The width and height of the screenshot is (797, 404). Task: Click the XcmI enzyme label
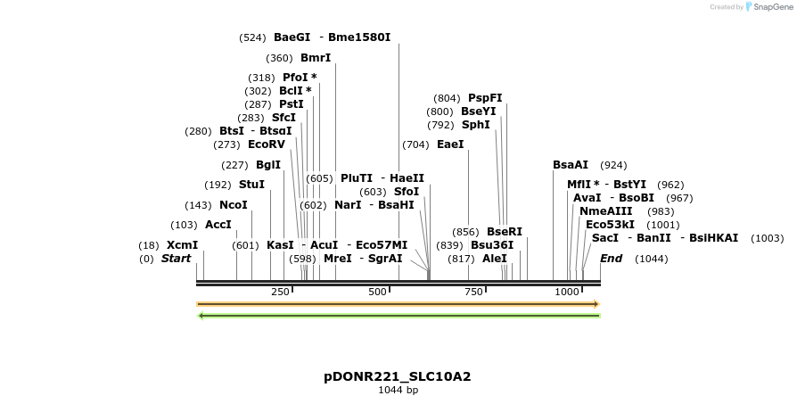(x=182, y=245)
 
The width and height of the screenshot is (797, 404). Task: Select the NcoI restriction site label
(x=233, y=205)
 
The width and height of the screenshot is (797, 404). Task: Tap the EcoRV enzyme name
(x=267, y=144)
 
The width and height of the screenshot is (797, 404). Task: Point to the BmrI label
(x=316, y=58)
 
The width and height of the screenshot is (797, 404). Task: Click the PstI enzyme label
(x=292, y=104)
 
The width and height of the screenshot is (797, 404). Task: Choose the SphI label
(x=476, y=125)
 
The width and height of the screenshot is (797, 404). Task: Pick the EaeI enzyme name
(x=450, y=144)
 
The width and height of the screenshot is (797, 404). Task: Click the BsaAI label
(x=571, y=165)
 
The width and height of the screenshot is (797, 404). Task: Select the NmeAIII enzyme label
(x=606, y=211)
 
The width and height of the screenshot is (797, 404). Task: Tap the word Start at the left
(x=176, y=259)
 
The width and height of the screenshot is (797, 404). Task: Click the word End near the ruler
(x=612, y=259)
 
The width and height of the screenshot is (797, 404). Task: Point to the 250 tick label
(x=280, y=292)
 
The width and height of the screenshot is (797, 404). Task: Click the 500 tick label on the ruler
(x=377, y=292)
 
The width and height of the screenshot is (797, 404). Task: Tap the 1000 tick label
(x=568, y=292)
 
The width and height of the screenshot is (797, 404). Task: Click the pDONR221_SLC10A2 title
(x=398, y=376)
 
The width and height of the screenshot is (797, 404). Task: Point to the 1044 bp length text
(x=398, y=390)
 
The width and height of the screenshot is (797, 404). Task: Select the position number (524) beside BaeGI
(x=253, y=37)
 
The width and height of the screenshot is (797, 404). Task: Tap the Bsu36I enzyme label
(x=492, y=245)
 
